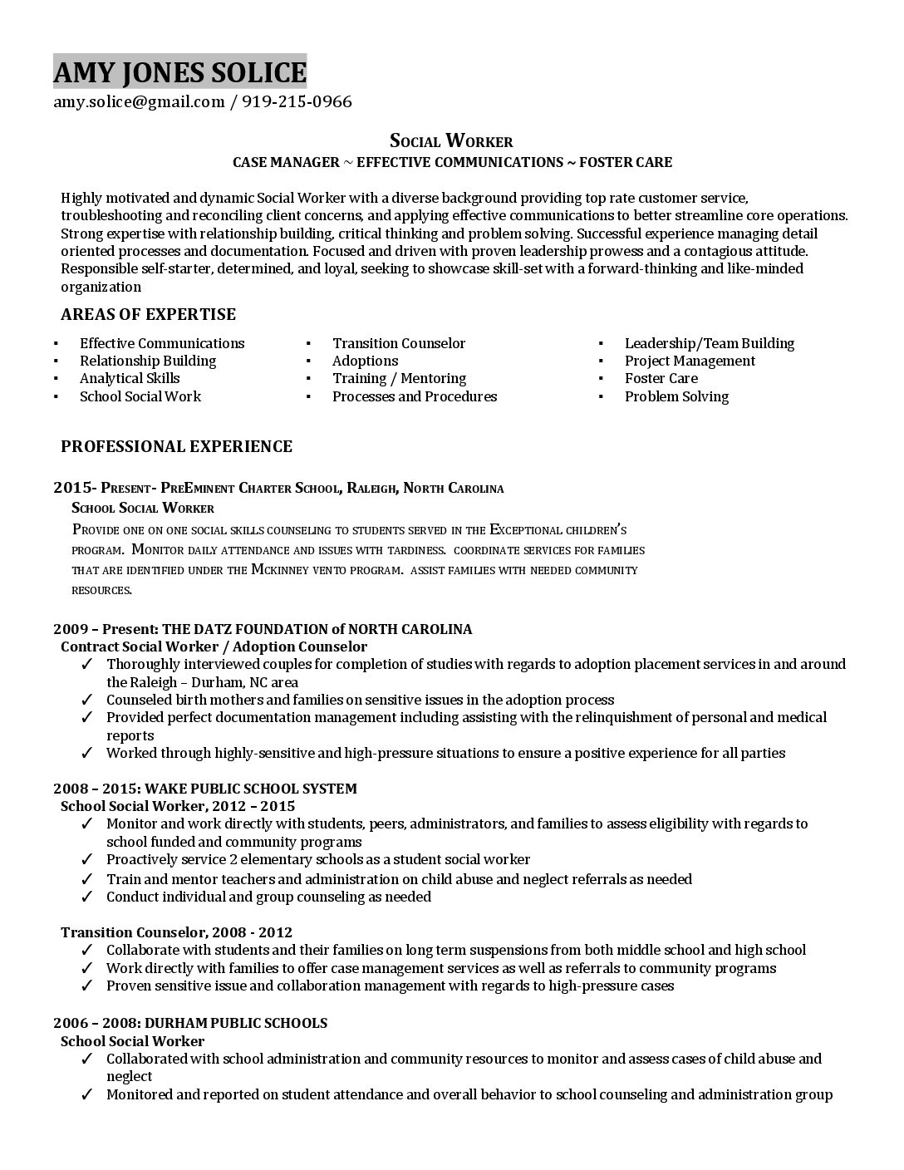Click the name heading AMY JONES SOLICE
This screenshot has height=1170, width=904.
pos(179,72)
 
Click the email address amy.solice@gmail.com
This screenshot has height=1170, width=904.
pos(139,102)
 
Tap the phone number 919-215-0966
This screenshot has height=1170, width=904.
pos(297,102)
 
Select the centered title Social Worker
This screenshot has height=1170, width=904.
pos(451,140)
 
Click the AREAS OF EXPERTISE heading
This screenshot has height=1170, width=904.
pos(148,314)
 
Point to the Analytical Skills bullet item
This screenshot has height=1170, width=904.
pos(130,378)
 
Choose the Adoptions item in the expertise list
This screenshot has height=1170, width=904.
pos(365,361)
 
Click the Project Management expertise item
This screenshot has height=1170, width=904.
pos(690,361)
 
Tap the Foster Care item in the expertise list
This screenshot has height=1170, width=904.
pos(661,378)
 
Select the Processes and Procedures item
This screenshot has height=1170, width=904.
pos(414,396)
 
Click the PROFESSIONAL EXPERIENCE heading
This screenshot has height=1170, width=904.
pos(176,446)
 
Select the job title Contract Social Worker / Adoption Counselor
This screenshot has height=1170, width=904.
pos(214,646)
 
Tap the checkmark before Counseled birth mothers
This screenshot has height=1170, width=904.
pos(87,700)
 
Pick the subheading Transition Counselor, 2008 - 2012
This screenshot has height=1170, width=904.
pos(176,932)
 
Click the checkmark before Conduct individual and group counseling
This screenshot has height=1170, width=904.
pos(87,897)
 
